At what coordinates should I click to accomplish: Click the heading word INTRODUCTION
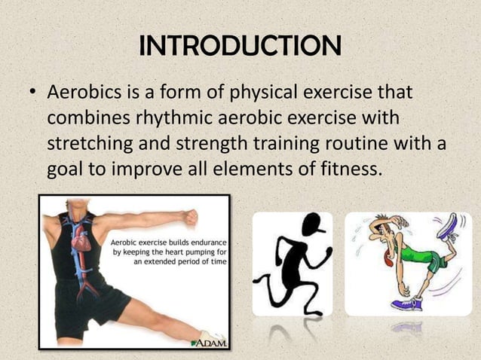[x=240, y=46]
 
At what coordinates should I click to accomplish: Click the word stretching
[x=87, y=143]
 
